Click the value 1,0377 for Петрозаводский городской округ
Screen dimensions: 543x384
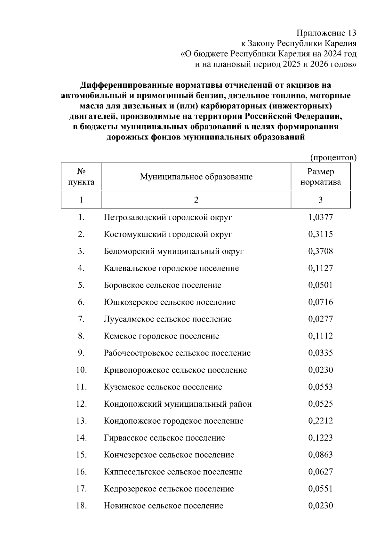pyautogui.click(x=320, y=218)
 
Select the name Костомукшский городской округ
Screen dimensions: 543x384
pyautogui.click(x=168, y=235)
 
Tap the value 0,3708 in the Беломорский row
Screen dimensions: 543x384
pyautogui.click(x=320, y=252)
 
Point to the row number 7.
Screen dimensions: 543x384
pyautogui.click(x=81, y=319)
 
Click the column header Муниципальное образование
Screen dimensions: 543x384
pyautogui.click(x=196, y=177)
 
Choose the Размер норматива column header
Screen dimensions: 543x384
pyautogui.click(x=321, y=177)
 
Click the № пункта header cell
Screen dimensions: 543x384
pyautogui.click(x=81, y=177)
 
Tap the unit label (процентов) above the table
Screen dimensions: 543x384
pyautogui.click(x=333, y=157)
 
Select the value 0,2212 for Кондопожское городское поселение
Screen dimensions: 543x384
pyautogui.click(x=320, y=421)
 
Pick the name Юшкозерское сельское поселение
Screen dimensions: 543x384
pyautogui.click(x=170, y=302)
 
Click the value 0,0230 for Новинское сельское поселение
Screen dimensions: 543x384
pyautogui.click(x=320, y=506)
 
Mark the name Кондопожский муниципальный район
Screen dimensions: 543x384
pyautogui.click(x=178, y=404)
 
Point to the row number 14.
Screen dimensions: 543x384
pyautogui.click(x=81, y=438)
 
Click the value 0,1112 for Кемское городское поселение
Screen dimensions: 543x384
pyautogui.click(x=320, y=336)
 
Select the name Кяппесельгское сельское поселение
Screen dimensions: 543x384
pyautogui.click(x=173, y=472)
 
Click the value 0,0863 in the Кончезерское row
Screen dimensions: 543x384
pyautogui.click(x=320, y=455)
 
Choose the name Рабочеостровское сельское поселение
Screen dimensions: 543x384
pyautogui.click(x=177, y=353)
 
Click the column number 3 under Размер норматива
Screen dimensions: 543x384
pyautogui.click(x=320, y=200)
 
